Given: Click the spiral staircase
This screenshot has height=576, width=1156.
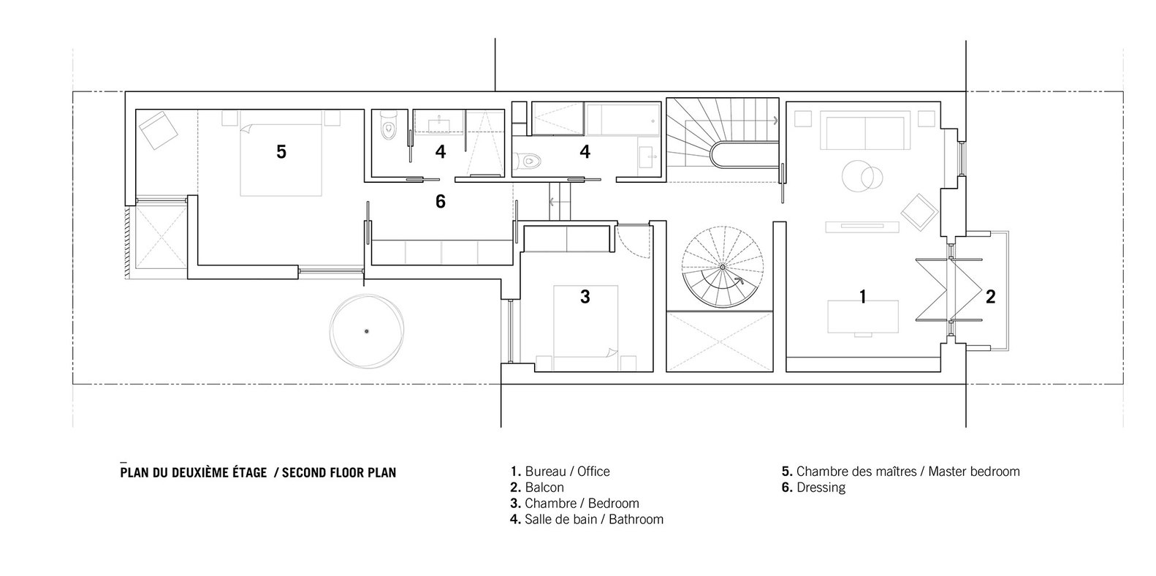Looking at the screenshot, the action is tap(723, 268).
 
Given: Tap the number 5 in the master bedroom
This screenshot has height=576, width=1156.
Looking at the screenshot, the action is tap(281, 152).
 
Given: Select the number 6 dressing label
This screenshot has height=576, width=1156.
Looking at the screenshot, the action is tap(440, 201).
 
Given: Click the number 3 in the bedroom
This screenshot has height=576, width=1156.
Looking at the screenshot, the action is tap(585, 297).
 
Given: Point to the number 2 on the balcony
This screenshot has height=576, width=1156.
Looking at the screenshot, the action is tap(990, 297).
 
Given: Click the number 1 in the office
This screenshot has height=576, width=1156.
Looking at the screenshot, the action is tap(862, 297).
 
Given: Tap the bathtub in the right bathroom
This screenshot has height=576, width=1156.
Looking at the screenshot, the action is tap(623, 119).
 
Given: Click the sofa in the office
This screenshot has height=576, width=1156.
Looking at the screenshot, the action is tap(864, 132).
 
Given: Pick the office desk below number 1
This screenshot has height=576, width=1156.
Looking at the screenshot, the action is tap(863, 317).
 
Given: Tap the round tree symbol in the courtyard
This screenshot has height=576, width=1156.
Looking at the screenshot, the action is tap(367, 331).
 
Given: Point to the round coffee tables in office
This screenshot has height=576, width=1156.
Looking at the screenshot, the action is tap(862, 176).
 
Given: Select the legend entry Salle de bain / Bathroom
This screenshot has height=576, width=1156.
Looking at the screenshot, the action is tap(586, 519).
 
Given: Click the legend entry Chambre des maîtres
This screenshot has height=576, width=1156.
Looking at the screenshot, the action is tap(900, 471).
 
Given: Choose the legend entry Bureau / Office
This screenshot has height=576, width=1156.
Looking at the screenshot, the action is tap(560, 471).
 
